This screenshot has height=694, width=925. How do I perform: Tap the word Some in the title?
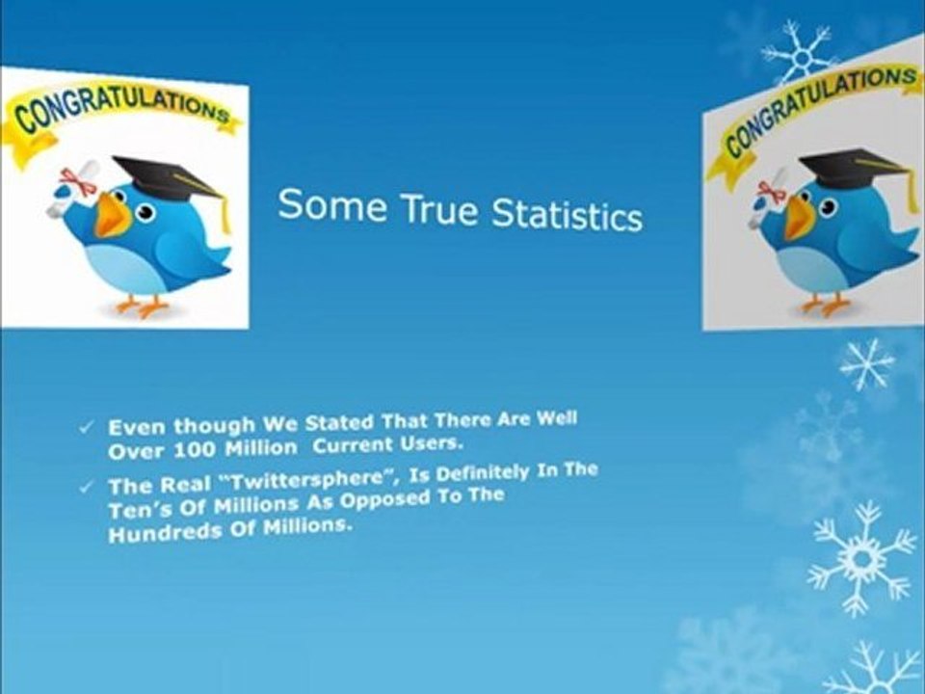(329, 204)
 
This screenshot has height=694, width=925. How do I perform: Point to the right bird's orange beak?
(799, 218)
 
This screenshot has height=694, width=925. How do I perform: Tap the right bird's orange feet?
(824, 305)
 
